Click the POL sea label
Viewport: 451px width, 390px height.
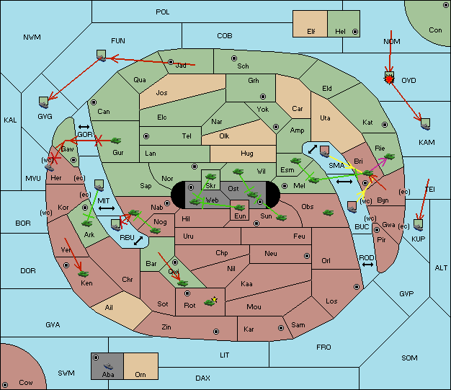(163, 12)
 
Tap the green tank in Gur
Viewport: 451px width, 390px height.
(116, 141)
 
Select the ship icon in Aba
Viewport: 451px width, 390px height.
(108, 366)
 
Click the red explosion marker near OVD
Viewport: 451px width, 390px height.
(389, 79)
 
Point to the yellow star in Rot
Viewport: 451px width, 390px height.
(214, 300)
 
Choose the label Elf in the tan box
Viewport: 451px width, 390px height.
(311, 32)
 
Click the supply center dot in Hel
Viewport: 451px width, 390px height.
(355, 32)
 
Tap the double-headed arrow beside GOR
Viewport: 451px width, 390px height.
(84, 127)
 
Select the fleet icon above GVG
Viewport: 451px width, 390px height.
(44, 102)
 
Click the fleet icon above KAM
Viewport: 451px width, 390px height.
(425, 124)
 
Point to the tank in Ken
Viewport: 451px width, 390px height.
(84, 273)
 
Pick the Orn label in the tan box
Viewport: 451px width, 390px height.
(140, 374)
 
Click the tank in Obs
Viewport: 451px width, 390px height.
(328, 213)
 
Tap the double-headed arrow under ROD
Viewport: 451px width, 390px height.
(367, 265)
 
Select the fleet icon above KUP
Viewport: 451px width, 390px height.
(418, 225)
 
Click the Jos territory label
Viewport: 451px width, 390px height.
(161, 93)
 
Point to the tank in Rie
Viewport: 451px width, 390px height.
(390, 156)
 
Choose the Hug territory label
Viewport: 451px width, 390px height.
(247, 154)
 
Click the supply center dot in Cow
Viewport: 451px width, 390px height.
(5, 385)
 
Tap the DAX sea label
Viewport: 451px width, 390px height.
(202, 378)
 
